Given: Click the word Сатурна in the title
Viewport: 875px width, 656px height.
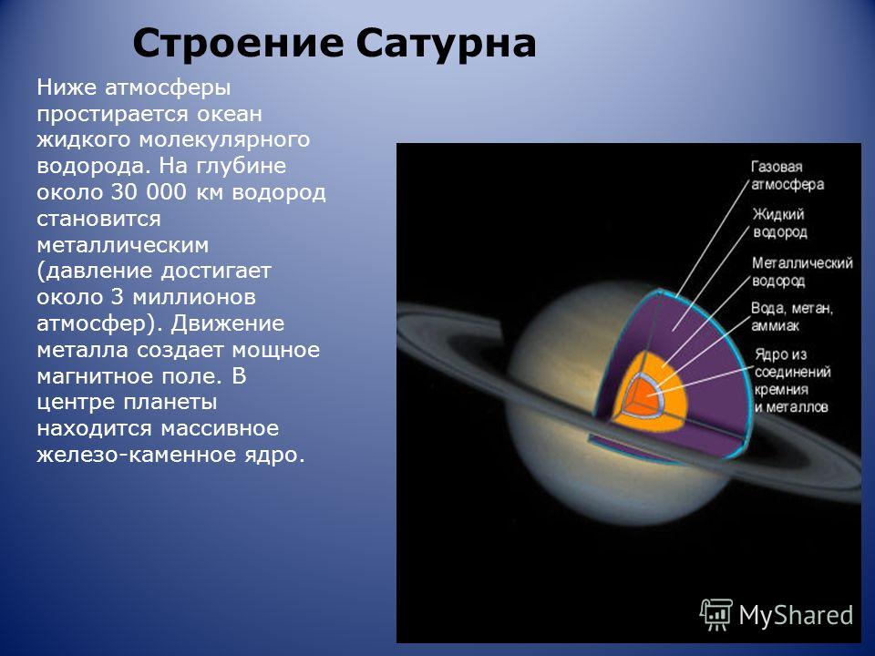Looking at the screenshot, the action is [446, 44].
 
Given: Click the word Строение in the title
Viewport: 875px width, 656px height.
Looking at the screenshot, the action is [238, 44].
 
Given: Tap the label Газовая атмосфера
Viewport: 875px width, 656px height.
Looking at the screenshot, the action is [787, 176].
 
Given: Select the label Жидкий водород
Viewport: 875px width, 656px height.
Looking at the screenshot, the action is [779, 223].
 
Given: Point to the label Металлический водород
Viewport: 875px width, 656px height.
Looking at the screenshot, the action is [802, 272].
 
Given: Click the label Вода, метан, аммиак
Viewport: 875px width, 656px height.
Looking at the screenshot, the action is [792, 317].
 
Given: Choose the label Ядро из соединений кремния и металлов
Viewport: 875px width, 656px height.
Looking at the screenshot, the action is [792, 381].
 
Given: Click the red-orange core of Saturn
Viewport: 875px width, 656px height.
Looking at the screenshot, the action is [642, 399].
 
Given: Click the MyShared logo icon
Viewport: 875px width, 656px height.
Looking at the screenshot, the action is [716, 615].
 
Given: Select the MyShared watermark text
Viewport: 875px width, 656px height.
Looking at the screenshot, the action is [796, 615].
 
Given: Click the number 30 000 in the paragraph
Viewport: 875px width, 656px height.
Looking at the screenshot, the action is [149, 192].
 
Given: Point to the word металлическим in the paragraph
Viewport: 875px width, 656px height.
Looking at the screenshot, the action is [123, 245].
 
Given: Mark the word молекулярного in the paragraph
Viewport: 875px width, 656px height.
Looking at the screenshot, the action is [224, 140].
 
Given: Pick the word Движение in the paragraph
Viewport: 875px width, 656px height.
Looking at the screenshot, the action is [228, 323].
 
